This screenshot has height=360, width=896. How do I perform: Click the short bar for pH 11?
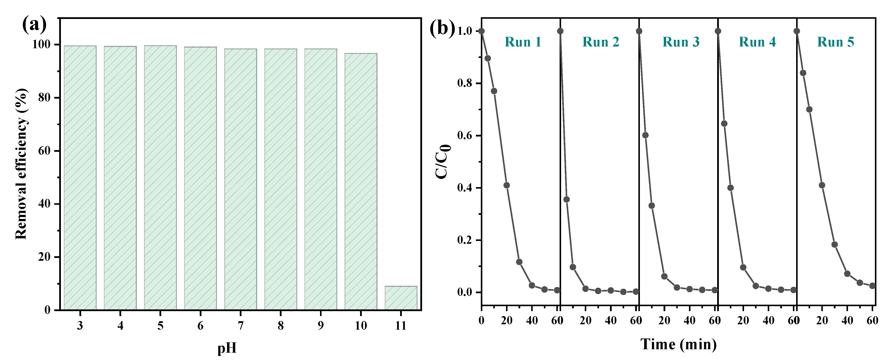[401, 298]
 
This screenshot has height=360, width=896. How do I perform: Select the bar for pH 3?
[80, 177]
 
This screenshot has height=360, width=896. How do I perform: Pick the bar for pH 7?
[240, 179]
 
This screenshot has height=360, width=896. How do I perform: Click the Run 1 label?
[523, 42]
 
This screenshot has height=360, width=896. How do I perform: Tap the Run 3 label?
[681, 42]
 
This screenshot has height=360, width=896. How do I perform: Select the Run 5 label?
[836, 42]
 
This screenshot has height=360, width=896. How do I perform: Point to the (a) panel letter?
[34, 25]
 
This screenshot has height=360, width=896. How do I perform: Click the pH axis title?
[227, 348]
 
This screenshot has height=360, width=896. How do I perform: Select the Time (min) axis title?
[679, 344]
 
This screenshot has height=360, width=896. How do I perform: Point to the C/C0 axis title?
[443, 162]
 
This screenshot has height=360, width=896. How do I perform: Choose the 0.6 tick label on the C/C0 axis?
[465, 136]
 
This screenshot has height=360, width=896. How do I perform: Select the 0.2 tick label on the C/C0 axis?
[465, 240]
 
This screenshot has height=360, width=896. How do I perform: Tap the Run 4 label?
[757, 42]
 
